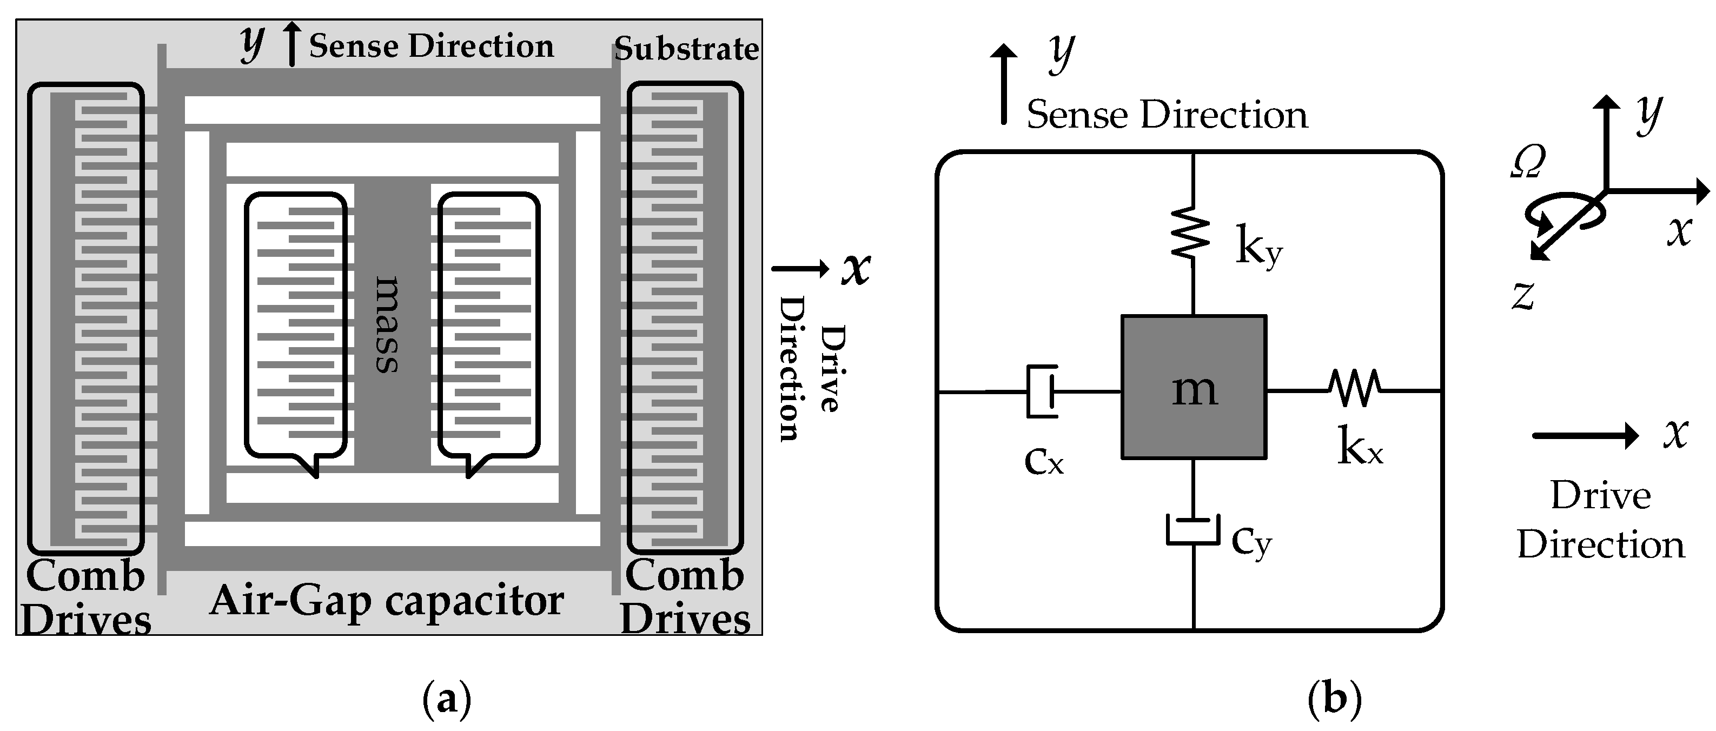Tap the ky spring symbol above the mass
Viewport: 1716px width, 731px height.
(x=1191, y=233)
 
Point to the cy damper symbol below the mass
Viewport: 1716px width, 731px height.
(x=1192, y=530)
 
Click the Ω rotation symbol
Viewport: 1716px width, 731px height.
(x=1527, y=162)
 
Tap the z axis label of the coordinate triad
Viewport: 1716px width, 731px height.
(x=1523, y=296)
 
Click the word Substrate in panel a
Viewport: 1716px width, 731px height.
(x=686, y=49)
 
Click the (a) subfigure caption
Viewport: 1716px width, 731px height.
(x=446, y=700)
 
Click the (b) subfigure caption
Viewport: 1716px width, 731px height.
(x=1334, y=700)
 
